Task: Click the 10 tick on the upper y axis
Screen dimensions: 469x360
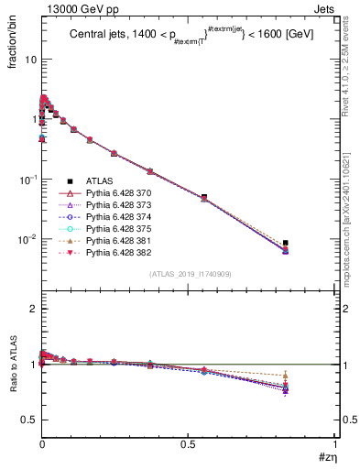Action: [x=29, y=59]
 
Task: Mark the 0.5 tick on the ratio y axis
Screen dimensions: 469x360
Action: [x=27, y=420]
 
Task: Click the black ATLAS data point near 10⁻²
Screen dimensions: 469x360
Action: [x=286, y=243]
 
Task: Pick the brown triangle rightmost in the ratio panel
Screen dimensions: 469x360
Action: [x=286, y=375]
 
